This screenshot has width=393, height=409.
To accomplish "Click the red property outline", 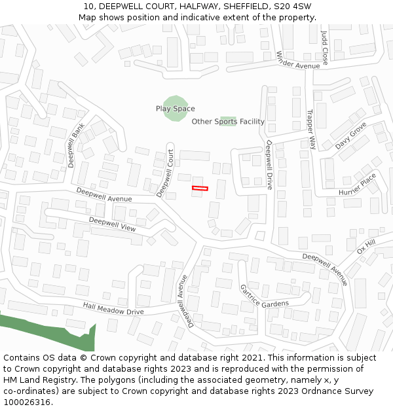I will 199,188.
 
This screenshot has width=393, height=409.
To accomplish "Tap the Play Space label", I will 175,109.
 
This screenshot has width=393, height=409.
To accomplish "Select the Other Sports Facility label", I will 228,122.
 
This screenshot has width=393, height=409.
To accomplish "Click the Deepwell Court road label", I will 165,170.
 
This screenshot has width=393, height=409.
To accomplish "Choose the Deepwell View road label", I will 112,224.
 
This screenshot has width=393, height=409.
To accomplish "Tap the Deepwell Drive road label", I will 268,165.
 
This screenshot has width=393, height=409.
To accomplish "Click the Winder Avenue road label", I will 297,60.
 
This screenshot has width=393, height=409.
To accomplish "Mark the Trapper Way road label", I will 311,128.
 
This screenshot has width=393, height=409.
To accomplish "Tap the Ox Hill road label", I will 365,247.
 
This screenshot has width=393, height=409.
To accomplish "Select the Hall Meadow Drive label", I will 113,308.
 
